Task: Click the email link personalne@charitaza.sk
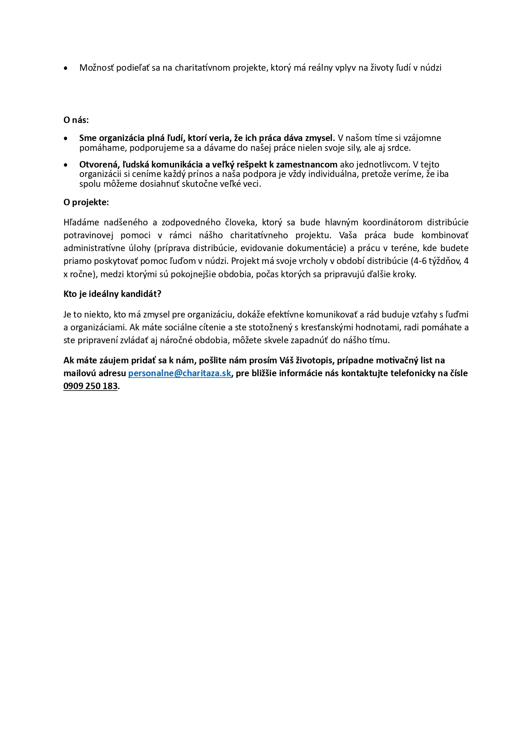[x=180, y=373]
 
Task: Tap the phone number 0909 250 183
[x=90, y=386]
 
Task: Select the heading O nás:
[x=76, y=120]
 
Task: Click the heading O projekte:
[x=86, y=202]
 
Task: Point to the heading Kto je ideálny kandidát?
[x=112, y=294]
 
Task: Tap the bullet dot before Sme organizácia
[x=66, y=138]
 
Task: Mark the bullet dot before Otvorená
[x=66, y=165]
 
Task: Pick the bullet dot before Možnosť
[x=66, y=68]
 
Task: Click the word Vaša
[x=348, y=235]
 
